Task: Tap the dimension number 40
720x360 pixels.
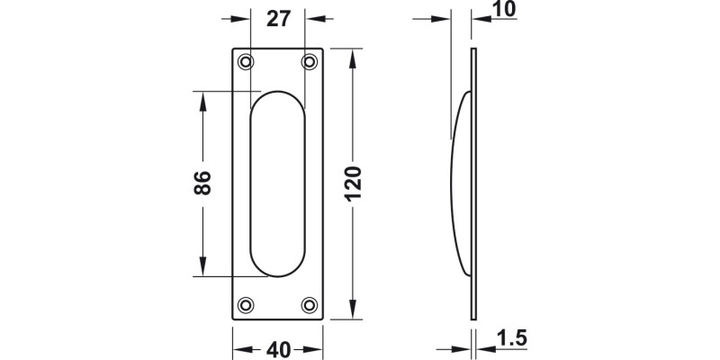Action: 278,346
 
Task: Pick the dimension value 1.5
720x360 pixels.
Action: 509,340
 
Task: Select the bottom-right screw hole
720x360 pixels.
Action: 310,304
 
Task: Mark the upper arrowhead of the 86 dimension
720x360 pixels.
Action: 202,98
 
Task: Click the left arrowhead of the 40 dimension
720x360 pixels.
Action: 239,346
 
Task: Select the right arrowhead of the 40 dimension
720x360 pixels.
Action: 317,346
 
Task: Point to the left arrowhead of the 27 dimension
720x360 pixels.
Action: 241,17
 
